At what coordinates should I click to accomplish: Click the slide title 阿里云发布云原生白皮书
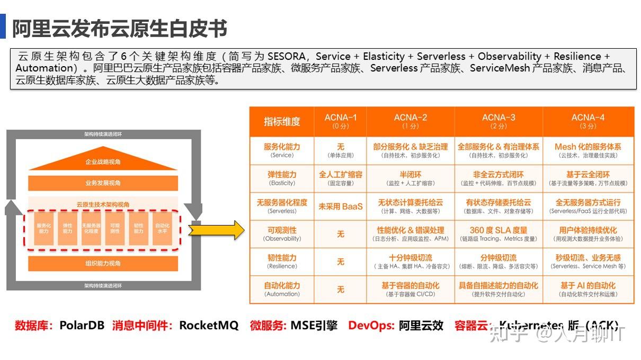click(x=120, y=28)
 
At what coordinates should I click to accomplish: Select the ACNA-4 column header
click(x=587, y=121)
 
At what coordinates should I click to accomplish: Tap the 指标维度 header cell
click(x=282, y=121)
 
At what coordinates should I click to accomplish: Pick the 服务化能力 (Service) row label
click(x=282, y=150)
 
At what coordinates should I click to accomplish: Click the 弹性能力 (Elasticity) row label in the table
click(x=282, y=178)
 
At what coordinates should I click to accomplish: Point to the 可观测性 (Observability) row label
click(x=282, y=233)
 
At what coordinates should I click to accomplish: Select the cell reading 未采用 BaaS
click(x=340, y=206)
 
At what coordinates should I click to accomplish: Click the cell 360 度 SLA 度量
click(x=498, y=233)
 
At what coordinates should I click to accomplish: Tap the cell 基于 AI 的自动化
click(x=587, y=289)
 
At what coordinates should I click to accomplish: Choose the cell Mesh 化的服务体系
click(x=587, y=150)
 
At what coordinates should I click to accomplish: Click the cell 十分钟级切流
click(x=411, y=261)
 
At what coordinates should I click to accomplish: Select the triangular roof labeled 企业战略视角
click(x=103, y=161)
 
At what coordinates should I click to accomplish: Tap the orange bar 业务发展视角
click(x=103, y=183)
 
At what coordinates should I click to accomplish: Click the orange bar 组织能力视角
click(x=103, y=263)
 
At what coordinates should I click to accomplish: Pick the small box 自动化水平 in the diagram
click(x=162, y=229)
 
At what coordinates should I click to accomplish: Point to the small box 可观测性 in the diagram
click(x=114, y=229)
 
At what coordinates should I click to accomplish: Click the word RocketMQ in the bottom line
click(x=209, y=325)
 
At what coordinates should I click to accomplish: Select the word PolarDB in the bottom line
click(x=82, y=325)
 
